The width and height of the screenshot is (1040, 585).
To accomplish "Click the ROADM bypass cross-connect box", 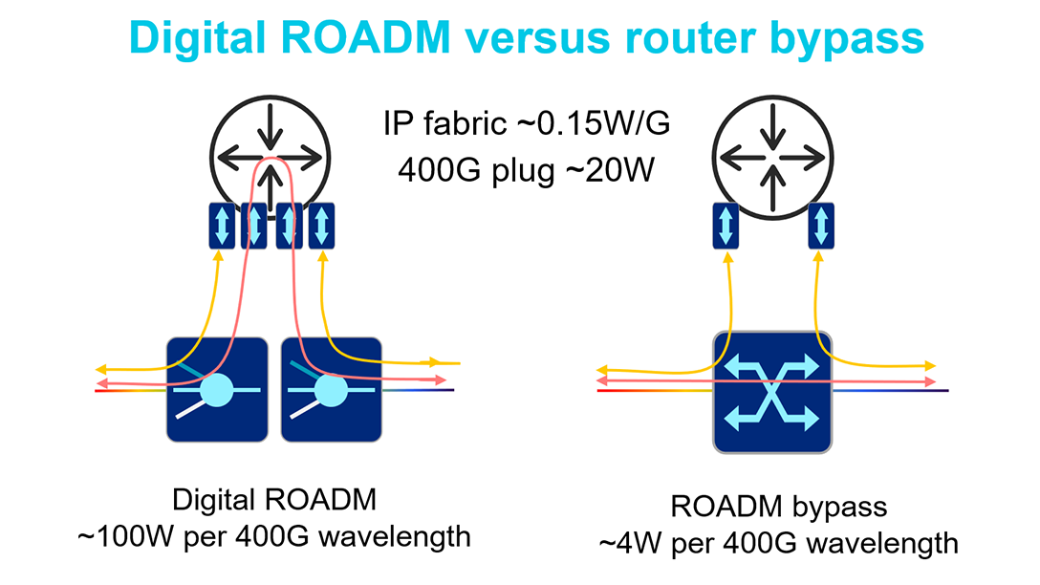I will pyautogui.click(x=773, y=391).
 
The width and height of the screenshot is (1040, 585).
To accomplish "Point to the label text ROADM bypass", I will pyautogui.click(x=780, y=507).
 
